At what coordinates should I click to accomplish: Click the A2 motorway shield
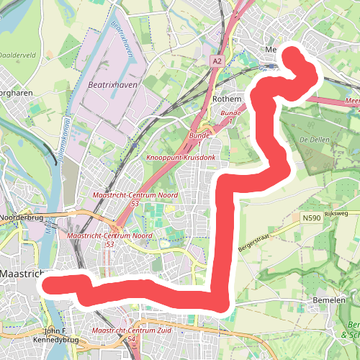pyautogui.click(x=217, y=63)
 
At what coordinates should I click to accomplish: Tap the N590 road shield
pyautogui.click(x=311, y=218)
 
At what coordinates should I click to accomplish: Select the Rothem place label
pyautogui.click(x=226, y=99)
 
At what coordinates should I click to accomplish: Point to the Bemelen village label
pyautogui.click(x=330, y=300)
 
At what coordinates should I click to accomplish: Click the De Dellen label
pyautogui.click(x=314, y=138)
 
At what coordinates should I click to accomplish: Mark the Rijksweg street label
pyautogui.click(x=336, y=213)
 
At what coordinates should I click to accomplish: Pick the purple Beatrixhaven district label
pyautogui.click(x=111, y=85)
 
